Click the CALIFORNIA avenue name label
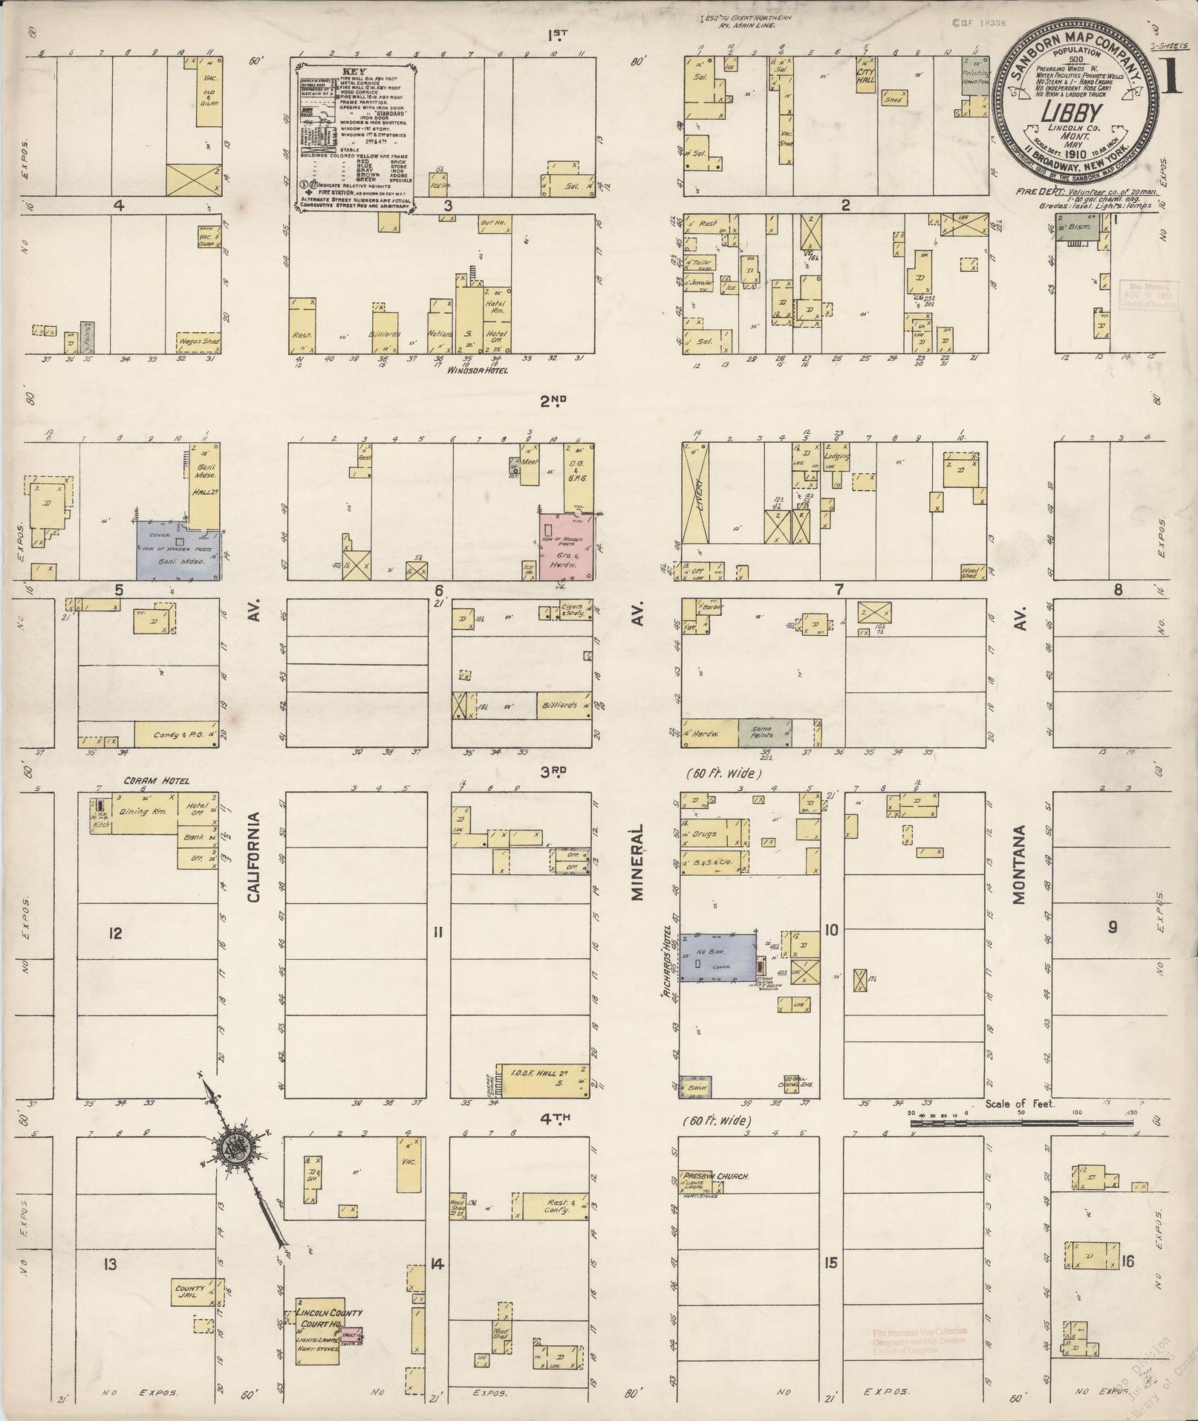coord(254,856)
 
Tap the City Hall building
coord(866,76)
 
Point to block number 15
coord(830,1262)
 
